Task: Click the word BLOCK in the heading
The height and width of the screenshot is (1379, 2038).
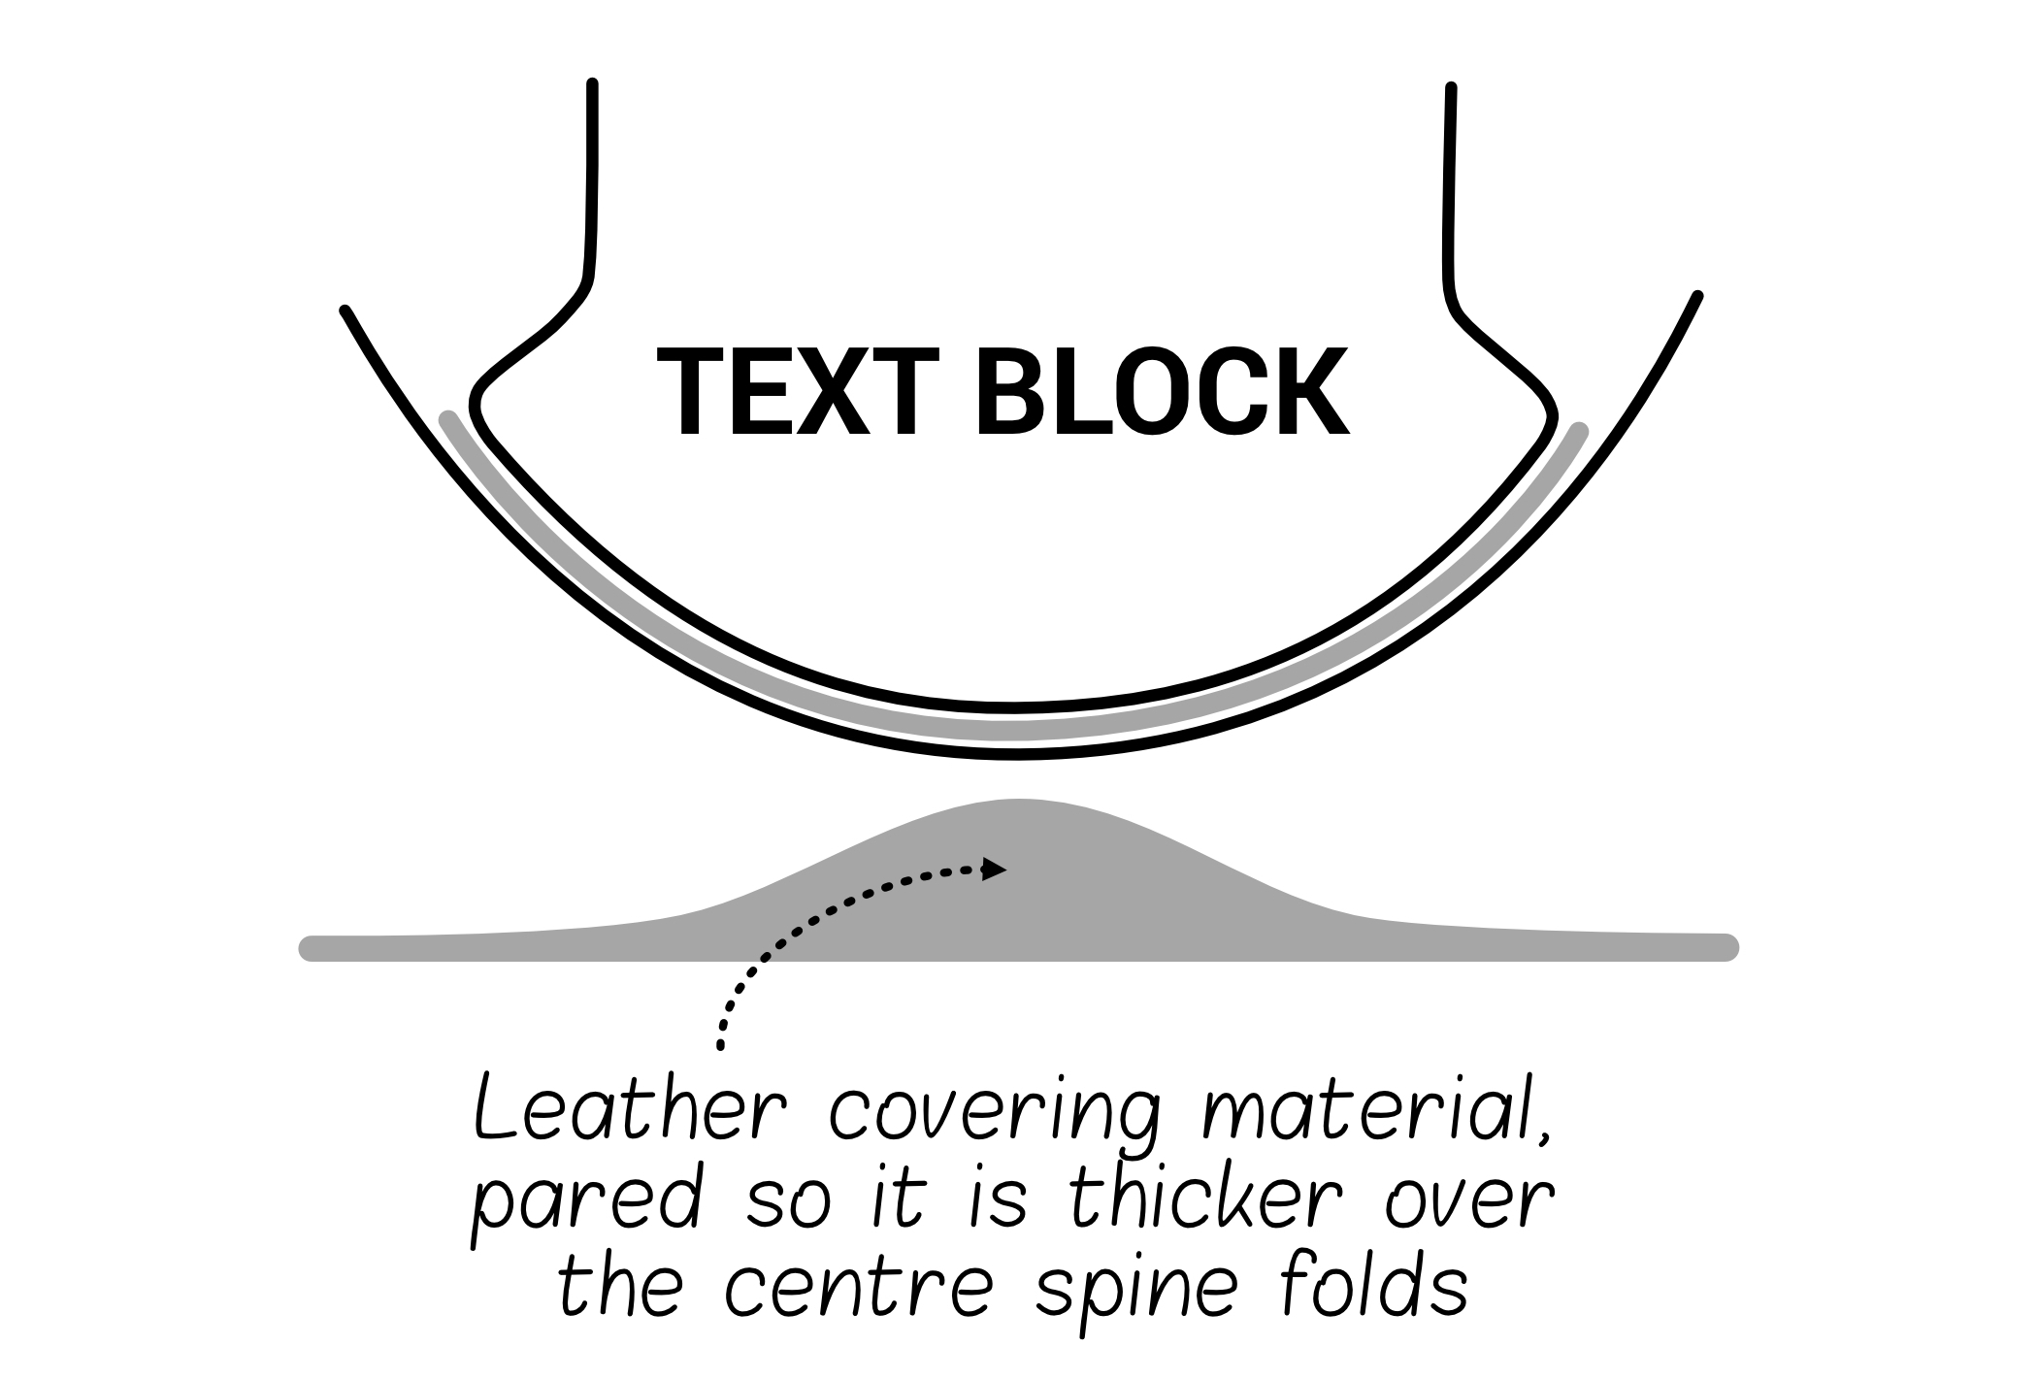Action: tap(1162, 393)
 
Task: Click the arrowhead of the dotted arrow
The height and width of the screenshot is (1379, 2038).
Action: tap(995, 870)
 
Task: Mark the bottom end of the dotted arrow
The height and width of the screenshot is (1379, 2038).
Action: tap(719, 1046)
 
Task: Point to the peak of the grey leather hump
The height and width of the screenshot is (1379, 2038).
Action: tap(1019, 803)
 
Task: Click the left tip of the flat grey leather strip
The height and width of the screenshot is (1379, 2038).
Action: tap(310, 947)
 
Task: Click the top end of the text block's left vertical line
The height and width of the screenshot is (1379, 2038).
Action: tap(592, 85)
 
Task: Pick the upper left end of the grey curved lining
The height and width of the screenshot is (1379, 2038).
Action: tap(447, 419)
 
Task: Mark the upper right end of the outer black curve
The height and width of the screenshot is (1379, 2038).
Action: tap(1697, 296)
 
